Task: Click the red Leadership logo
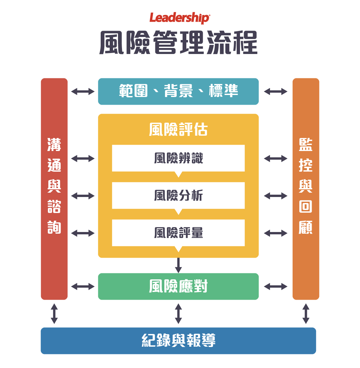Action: point(180,18)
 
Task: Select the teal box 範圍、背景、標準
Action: point(178,91)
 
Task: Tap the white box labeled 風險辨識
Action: point(178,158)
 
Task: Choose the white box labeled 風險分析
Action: point(178,196)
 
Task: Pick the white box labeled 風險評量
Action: point(178,233)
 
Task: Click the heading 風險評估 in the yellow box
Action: point(178,130)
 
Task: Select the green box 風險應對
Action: point(178,286)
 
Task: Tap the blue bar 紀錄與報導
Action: point(178,341)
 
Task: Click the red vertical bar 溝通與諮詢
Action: point(54,189)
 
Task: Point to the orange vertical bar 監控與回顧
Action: point(306,189)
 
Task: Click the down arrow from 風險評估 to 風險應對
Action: point(178,265)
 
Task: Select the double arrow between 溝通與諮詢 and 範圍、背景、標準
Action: point(83,91)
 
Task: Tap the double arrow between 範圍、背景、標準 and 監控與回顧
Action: point(276,91)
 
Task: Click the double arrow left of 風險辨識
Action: point(83,159)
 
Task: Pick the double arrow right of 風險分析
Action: point(276,196)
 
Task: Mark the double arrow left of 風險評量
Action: point(83,233)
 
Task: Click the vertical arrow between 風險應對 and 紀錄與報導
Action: point(178,314)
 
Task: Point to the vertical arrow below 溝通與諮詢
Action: point(54,314)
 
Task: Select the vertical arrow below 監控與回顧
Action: point(306,314)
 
